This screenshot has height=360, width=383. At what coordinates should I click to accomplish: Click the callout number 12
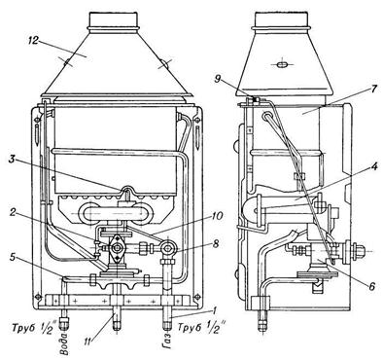point(34,40)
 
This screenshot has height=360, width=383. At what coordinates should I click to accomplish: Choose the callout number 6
point(371,286)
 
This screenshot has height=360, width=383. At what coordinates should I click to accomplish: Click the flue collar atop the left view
point(113,22)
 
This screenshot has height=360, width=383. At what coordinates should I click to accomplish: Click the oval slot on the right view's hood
point(281,64)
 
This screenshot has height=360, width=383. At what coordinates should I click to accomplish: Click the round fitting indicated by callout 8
point(168,249)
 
